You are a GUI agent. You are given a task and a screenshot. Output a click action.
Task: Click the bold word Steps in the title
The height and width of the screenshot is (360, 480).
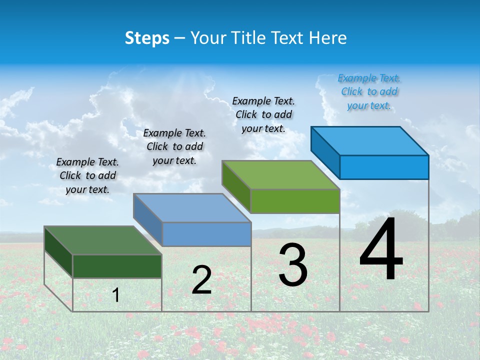click(x=147, y=38)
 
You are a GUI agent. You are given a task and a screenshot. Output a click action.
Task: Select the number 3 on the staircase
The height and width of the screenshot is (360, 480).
click(x=293, y=265)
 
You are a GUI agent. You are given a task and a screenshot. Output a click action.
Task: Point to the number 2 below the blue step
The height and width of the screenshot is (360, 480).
click(x=201, y=280)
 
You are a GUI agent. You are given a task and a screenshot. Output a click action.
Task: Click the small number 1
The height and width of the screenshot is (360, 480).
click(x=116, y=295)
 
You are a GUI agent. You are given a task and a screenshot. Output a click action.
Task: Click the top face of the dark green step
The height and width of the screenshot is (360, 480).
click(x=103, y=240)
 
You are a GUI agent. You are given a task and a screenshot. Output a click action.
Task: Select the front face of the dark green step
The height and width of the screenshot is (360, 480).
click(x=117, y=266)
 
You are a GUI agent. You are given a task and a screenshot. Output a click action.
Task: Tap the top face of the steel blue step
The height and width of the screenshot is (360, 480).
click(x=192, y=208)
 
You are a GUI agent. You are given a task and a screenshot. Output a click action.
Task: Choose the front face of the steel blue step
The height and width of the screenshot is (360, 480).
click(x=206, y=234)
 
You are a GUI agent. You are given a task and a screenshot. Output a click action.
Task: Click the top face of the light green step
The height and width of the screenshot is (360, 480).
click(x=281, y=175)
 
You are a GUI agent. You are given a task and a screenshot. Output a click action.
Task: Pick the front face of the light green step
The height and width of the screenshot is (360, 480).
click(x=295, y=201)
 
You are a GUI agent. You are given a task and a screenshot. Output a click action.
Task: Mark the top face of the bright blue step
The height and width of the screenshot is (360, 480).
click(x=370, y=141)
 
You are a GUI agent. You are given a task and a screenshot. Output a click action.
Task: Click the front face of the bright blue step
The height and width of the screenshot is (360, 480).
click(x=384, y=167)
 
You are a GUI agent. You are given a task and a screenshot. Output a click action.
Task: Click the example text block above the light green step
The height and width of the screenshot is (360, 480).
click(x=263, y=115)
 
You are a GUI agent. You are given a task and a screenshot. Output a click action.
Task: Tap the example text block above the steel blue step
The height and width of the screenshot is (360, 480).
click(x=174, y=146)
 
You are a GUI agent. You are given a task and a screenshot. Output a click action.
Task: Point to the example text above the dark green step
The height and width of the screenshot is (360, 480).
click(x=87, y=175)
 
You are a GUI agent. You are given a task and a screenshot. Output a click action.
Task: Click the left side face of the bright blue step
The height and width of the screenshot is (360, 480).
click(x=325, y=152)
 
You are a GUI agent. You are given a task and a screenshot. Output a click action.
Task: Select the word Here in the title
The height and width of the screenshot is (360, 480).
click(x=329, y=38)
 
